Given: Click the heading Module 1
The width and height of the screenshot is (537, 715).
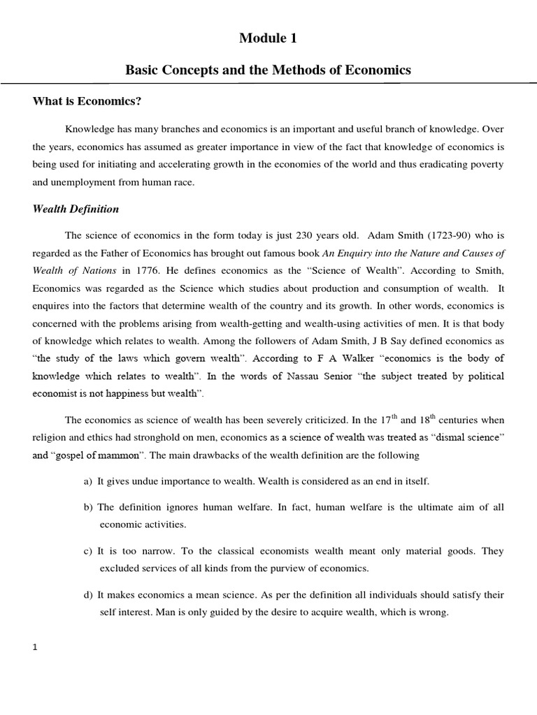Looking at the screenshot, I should click(268, 39).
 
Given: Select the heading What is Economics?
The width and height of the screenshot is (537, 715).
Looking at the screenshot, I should click(87, 102).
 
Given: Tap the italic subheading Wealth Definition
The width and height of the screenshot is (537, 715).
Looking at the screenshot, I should click(76, 209).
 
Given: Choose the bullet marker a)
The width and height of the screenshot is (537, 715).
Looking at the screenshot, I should click(88, 482).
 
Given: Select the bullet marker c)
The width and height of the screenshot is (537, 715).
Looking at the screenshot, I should click(88, 551).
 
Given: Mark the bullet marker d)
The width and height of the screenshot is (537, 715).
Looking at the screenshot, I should click(88, 595).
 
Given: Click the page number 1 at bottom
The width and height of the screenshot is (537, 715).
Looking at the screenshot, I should click(35, 647).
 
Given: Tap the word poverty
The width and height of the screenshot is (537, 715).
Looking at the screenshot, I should click(483, 165).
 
